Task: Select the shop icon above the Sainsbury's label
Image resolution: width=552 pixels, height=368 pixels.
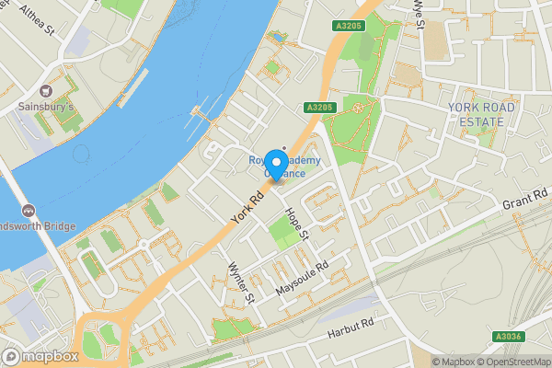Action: click(x=46, y=90)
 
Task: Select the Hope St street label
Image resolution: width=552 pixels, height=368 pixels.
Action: click(x=296, y=224)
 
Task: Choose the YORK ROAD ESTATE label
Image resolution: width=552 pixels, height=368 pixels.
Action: click(x=477, y=115)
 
